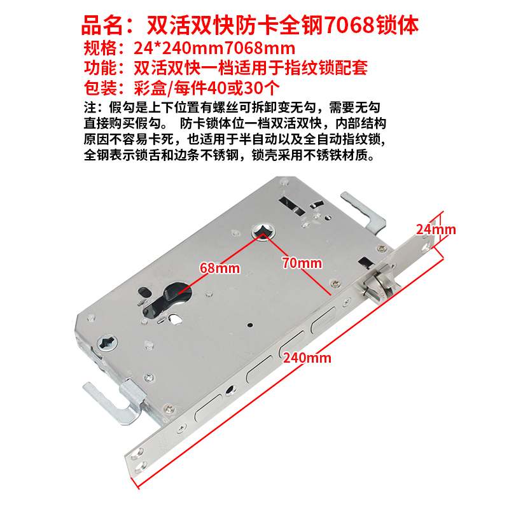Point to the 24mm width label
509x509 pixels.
click(x=436, y=228)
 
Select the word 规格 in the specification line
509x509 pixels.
click(x=101, y=48)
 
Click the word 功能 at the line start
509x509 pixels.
click(x=101, y=68)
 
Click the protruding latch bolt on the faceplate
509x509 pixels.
click(x=380, y=282)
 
